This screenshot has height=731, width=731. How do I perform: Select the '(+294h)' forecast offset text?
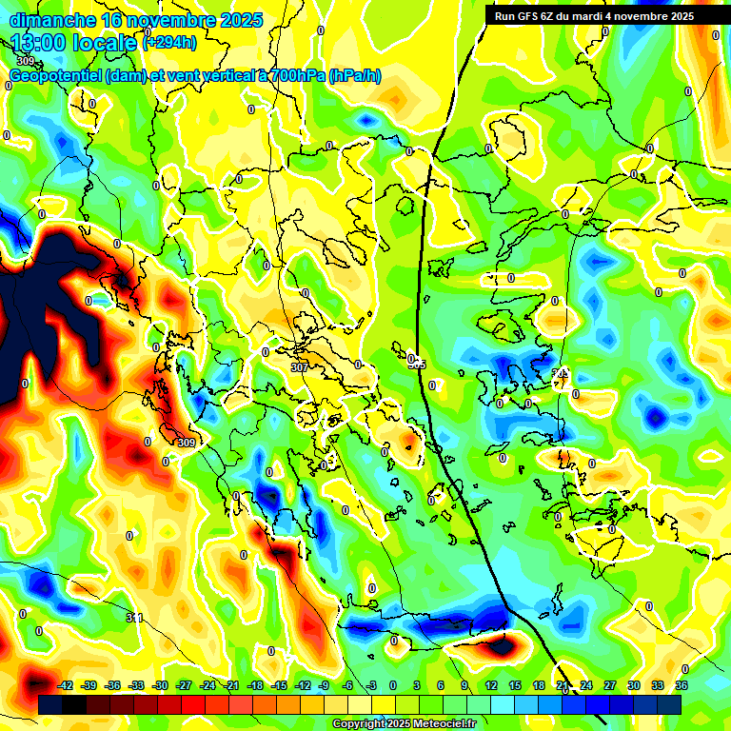pos(169,43)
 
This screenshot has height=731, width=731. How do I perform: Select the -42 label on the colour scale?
pos(66,685)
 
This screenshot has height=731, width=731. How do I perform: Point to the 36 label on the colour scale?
pos(682,685)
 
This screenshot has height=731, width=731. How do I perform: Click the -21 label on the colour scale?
pos(231,685)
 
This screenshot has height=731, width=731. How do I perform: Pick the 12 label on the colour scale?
pos(491,685)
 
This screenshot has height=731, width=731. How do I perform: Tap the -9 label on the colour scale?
pos(324,685)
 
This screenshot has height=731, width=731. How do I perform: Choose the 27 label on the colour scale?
pos(610,685)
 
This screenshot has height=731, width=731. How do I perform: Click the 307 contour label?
pos(299,366)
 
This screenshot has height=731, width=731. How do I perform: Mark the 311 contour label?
pos(134,618)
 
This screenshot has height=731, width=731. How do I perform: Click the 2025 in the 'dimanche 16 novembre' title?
pos(240,20)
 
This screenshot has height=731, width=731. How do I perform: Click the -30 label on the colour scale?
pos(160,685)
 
